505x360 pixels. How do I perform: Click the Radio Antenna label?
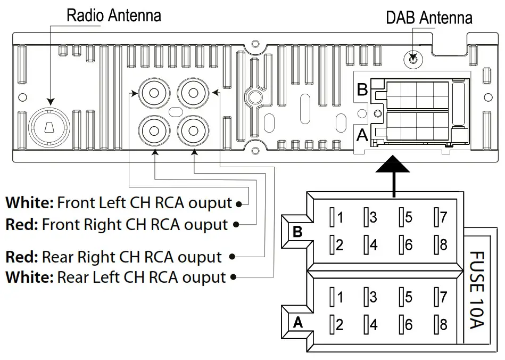(x=113, y=15)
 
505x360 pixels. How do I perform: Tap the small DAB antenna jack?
(x=413, y=59)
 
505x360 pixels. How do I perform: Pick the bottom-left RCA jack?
(x=153, y=129)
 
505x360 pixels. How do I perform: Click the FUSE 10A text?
(x=477, y=290)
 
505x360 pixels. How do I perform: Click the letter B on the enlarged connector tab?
(x=297, y=232)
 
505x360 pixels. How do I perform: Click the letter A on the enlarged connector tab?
(x=297, y=322)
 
